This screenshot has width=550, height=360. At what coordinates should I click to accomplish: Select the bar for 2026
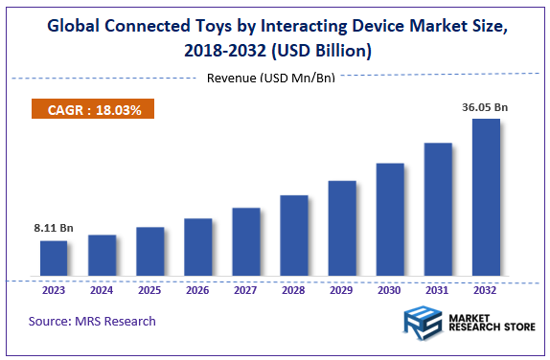[x=197, y=248]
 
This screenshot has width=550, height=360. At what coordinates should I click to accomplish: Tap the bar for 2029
[x=342, y=229]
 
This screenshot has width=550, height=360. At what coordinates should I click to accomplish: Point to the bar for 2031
[x=438, y=211]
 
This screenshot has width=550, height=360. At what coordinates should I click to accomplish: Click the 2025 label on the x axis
[x=149, y=291]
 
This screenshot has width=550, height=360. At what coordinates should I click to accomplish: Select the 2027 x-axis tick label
[x=245, y=291]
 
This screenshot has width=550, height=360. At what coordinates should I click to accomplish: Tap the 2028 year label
[x=293, y=291]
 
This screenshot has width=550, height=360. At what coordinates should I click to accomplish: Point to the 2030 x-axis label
[x=390, y=291]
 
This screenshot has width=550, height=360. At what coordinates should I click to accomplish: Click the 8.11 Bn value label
[x=53, y=230]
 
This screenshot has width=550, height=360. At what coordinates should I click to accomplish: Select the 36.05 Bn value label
[x=485, y=107]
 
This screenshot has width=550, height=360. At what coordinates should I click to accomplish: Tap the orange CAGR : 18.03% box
[x=94, y=110]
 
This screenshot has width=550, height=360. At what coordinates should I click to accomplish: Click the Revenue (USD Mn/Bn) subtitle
[x=271, y=78]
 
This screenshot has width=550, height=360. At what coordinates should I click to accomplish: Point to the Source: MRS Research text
[x=93, y=321]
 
